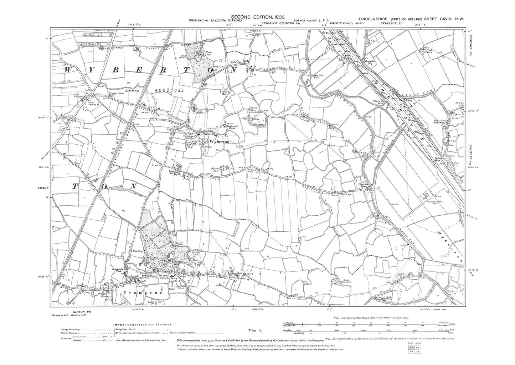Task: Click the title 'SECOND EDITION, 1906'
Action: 258,16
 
